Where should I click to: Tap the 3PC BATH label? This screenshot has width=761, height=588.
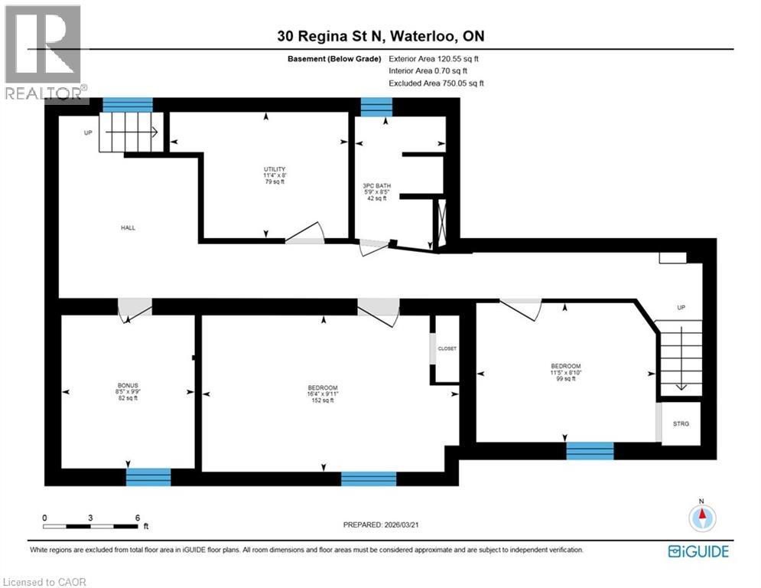click(375, 185)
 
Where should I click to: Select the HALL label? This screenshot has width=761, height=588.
click(128, 227)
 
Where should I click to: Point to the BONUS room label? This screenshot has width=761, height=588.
click(128, 384)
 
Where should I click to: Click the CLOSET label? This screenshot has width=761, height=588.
click(447, 348)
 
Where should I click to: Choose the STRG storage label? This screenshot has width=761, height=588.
click(680, 422)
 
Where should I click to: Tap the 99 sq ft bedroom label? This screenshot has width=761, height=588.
click(566, 366)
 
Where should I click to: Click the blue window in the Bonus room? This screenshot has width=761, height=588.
click(148, 477)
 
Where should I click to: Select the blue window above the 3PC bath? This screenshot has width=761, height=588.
click(376, 107)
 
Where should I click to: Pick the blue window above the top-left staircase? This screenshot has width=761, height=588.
click(128, 105)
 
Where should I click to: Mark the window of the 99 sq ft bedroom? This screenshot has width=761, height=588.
click(590, 450)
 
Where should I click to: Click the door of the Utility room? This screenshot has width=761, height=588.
click(305, 234)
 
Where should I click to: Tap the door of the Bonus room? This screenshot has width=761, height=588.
click(135, 308)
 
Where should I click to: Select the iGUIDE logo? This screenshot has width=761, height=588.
click(698, 551)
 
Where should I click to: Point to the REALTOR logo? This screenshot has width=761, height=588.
click(44, 54)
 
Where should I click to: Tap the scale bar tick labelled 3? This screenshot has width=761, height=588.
click(90, 518)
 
